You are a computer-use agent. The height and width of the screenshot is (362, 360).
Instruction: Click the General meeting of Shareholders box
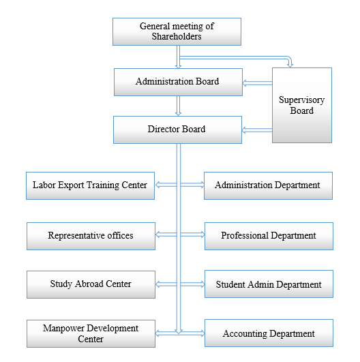(x=177, y=31)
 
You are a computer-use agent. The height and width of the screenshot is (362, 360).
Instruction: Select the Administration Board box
(x=177, y=82)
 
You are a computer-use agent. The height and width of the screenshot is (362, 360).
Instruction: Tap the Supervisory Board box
(x=301, y=105)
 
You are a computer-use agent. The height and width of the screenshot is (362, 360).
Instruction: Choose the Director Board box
(x=177, y=130)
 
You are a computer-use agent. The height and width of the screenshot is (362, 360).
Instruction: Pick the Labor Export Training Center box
(x=90, y=185)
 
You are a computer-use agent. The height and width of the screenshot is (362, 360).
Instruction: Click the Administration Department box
(x=267, y=185)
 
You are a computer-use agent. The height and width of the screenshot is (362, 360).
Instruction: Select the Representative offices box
(x=90, y=236)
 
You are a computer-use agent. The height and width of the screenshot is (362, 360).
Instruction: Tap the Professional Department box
(x=268, y=236)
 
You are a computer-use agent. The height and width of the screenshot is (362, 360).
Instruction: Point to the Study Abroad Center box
(x=90, y=284)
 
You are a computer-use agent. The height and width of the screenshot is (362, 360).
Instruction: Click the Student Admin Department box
(x=268, y=284)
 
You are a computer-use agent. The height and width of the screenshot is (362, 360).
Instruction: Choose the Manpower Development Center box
(x=90, y=333)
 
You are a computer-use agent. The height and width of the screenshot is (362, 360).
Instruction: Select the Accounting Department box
(x=268, y=334)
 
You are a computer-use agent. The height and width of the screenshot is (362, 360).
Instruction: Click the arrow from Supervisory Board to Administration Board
(x=256, y=83)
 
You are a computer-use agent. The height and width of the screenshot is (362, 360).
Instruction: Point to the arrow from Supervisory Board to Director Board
(x=256, y=130)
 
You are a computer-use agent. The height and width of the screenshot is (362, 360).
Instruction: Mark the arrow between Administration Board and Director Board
(x=178, y=105)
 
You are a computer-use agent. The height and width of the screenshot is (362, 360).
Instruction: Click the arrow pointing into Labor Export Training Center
(x=166, y=184)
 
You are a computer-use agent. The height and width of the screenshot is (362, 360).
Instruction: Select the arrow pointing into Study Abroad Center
(x=166, y=284)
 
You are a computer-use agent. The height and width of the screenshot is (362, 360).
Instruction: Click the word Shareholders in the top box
(x=177, y=37)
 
